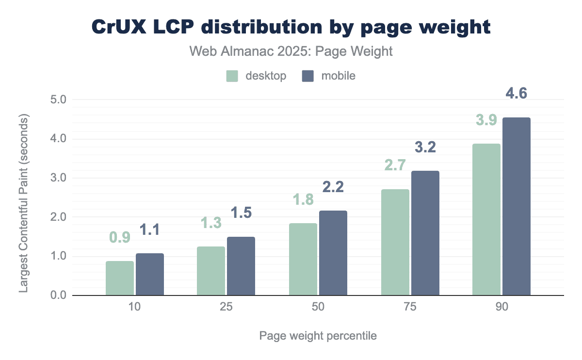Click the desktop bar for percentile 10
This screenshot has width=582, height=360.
click(120, 278)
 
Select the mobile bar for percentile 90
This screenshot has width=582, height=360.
click(517, 206)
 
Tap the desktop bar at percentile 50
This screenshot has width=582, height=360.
click(303, 259)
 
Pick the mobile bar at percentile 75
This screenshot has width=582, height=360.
click(425, 233)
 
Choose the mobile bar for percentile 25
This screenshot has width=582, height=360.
click(241, 266)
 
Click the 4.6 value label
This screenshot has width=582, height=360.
click(517, 94)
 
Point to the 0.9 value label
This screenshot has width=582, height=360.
click(120, 237)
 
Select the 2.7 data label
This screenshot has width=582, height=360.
click(395, 165)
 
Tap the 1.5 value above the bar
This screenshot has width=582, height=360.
click(241, 213)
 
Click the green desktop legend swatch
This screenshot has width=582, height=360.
click(232, 76)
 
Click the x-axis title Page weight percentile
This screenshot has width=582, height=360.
click(318, 336)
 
